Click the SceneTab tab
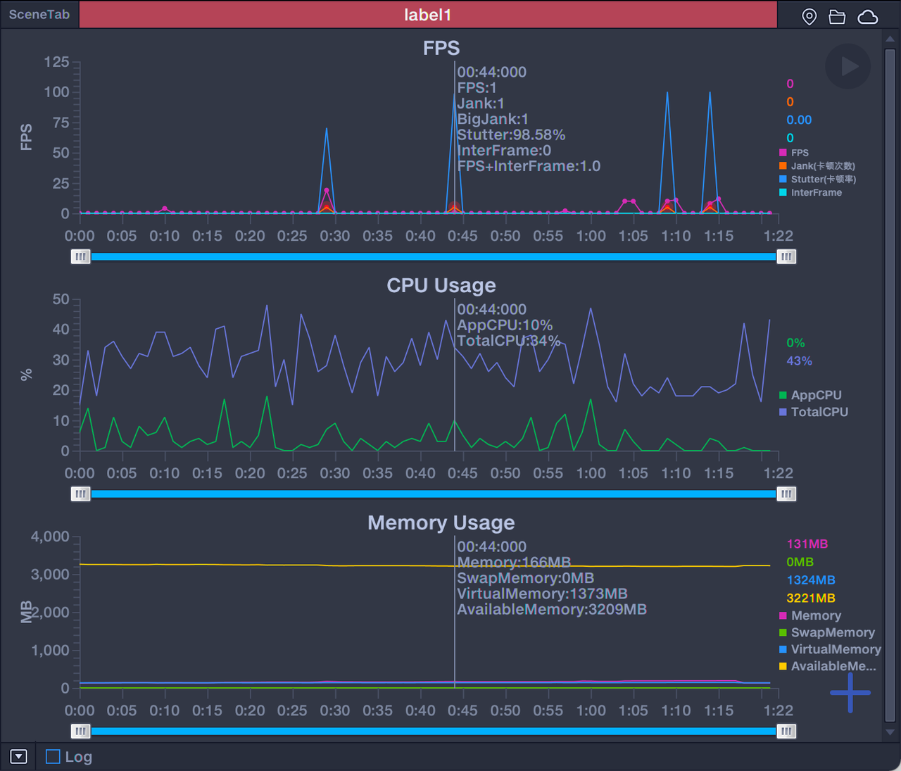tap(39, 15)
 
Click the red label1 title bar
tap(427, 15)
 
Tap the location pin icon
tap(809, 17)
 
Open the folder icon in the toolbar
tap(837, 17)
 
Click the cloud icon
tap(868, 17)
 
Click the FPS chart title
tap(441, 48)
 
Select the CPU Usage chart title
tap(441, 285)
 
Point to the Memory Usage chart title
tap(441, 522)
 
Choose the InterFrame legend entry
tap(816, 193)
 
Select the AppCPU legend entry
tap(816, 395)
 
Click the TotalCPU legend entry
tap(819, 412)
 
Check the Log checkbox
tap(53, 757)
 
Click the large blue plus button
tap(850, 693)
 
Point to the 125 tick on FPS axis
tap(56, 62)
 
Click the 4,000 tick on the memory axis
tap(50, 537)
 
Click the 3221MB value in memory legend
tap(811, 598)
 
